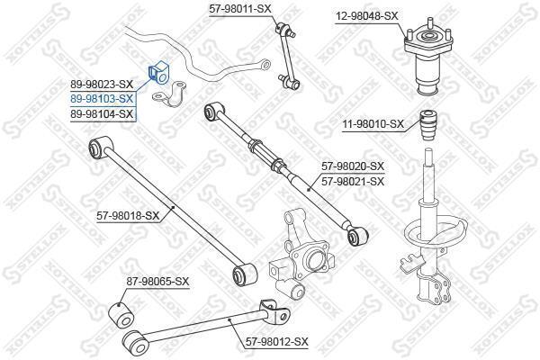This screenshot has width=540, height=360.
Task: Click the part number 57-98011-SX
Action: [x=240, y=9]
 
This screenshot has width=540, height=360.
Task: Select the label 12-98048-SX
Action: [x=367, y=16]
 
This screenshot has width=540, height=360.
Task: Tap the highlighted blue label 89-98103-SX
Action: [x=102, y=99]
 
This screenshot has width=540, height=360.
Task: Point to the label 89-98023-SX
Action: [x=102, y=84]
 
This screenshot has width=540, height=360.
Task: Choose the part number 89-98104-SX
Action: [x=102, y=114]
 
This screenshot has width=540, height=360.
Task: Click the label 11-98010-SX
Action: [x=373, y=123]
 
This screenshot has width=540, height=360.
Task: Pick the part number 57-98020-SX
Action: [x=353, y=166]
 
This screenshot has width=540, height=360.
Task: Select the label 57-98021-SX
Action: [x=353, y=181]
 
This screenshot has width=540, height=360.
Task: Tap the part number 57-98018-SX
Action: [x=128, y=216]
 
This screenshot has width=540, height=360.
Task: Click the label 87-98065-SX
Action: [x=157, y=282]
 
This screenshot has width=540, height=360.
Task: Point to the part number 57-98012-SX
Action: [x=277, y=342]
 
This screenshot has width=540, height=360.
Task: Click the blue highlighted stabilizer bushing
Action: [x=158, y=73]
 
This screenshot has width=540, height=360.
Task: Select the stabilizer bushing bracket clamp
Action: [x=169, y=94]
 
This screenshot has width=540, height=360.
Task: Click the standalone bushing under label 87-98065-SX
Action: [x=121, y=315]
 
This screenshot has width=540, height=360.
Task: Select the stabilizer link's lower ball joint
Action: [x=289, y=81]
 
